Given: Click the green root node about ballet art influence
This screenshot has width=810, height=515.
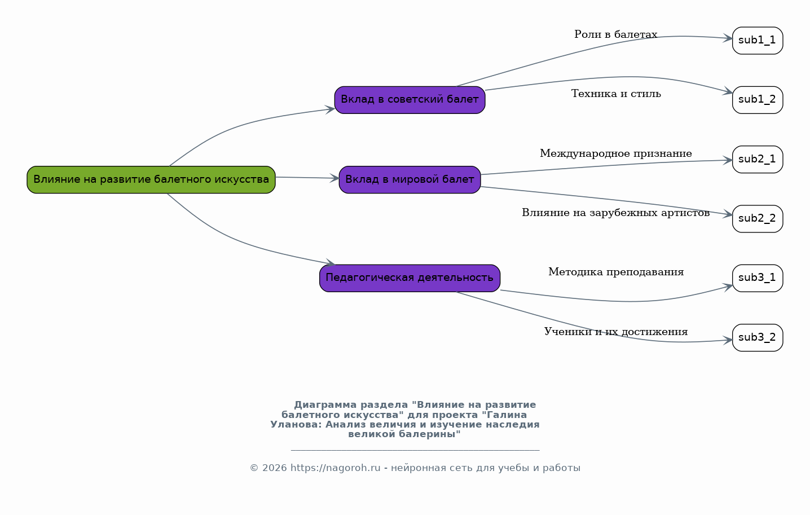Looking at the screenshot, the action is click(x=151, y=180).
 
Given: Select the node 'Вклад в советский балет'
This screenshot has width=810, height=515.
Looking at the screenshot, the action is click(x=410, y=100).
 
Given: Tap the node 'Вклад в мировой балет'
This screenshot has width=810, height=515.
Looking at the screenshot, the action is click(x=410, y=180).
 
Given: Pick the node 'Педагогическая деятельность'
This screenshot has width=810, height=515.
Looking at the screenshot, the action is click(x=410, y=278).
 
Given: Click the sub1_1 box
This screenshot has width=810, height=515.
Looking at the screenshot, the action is click(x=758, y=41).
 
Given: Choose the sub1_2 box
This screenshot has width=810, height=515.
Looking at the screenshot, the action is click(x=758, y=100).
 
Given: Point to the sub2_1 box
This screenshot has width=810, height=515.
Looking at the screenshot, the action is click(x=758, y=160).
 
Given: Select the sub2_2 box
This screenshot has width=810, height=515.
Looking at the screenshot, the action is click(x=758, y=219).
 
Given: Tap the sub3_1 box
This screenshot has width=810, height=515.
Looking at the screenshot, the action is click(x=758, y=278).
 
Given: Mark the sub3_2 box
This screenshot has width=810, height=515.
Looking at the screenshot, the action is click(x=758, y=338).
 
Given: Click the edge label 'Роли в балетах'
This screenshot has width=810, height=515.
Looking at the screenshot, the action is click(x=616, y=34).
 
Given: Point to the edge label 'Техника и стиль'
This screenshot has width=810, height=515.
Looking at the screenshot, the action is click(x=616, y=94).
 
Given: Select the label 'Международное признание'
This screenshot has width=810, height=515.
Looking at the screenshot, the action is click(x=616, y=153).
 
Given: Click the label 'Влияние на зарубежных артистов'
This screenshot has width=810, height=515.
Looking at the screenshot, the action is click(x=616, y=213).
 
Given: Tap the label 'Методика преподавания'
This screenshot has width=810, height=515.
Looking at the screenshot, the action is click(x=616, y=272).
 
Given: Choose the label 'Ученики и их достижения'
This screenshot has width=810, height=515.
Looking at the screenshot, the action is click(x=616, y=332).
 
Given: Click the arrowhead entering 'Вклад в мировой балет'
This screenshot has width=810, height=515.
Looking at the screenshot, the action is click(x=334, y=178).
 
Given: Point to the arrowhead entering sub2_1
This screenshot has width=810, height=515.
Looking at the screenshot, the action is click(x=728, y=160).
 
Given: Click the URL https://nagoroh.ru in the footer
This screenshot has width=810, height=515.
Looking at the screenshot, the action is click(x=335, y=468).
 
